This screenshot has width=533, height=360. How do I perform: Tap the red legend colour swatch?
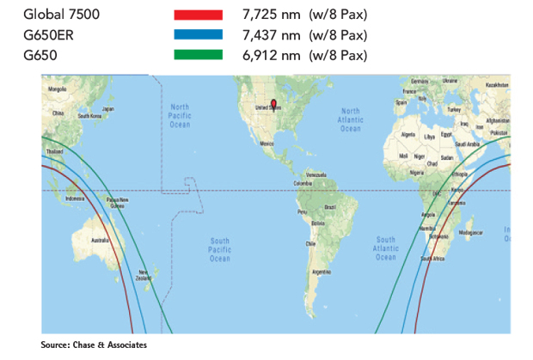[x=198, y=15]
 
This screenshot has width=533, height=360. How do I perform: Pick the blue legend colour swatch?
[x=198, y=36]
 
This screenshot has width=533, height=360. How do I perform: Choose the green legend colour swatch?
[x=198, y=56]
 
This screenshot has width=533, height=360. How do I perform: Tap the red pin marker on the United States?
[x=274, y=105]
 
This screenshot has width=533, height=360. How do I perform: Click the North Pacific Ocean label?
[x=180, y=115]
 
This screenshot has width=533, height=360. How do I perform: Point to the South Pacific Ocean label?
[x=220, y=249]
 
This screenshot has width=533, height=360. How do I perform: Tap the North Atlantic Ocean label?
[x=351, y=119]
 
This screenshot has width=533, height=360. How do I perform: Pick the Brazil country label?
[x=328, y=207]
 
